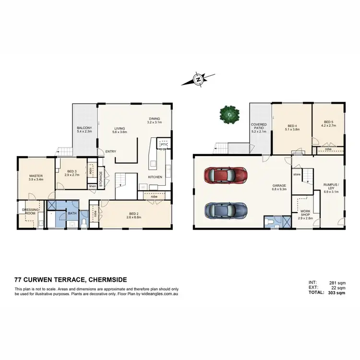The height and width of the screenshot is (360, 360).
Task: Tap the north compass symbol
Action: click(x=197, y=79)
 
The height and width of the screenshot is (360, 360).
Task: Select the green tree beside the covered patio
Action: click(x=229, y=114)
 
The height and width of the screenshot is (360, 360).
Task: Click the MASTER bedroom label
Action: click(x=36, y=176)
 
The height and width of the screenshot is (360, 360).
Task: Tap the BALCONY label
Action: click(x=84, y=128)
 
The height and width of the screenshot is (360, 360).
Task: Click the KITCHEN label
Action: click(x=155, y=177)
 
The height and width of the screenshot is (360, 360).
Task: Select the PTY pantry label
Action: click(x=164, y=144)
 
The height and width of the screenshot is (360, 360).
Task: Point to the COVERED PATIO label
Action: click(x=259, y=127)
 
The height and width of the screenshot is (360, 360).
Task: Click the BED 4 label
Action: click(x=292, y=125)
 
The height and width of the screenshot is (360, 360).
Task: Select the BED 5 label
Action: click(x=328, y=122)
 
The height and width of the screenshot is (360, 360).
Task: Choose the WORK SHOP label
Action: click(x=305, y=213)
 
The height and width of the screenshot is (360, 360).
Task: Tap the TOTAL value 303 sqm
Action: click(x=336, y=292)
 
